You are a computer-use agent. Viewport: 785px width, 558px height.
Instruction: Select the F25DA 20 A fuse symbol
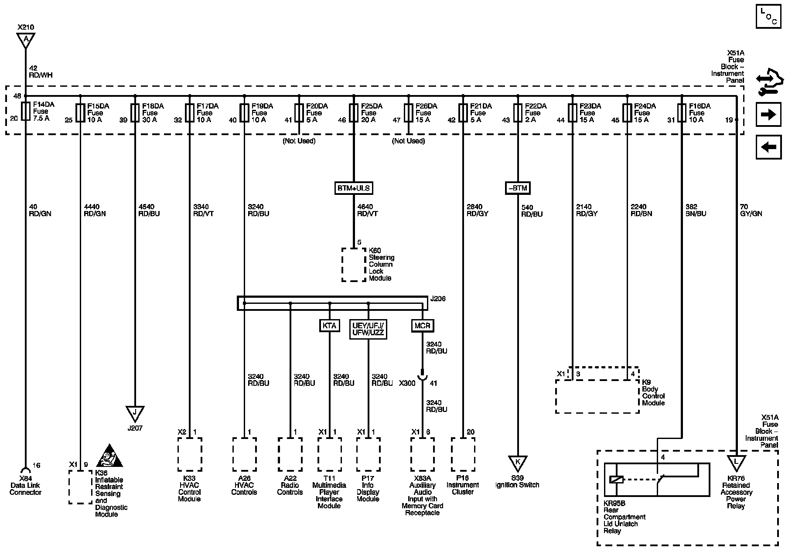click(353, 112)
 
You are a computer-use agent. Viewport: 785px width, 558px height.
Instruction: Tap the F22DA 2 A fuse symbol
click(518, 112)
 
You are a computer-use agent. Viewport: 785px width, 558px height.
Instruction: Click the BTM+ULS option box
click(353, 188)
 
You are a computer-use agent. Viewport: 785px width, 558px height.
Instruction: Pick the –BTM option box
click(518, 188)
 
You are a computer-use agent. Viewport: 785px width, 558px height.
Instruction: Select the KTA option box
click(329, 326)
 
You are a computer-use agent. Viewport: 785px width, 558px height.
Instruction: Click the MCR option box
click(422, 326)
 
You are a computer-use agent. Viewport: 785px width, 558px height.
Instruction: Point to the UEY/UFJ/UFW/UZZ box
click(368, 329)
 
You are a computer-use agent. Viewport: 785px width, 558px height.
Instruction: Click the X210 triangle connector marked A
click(26, 40)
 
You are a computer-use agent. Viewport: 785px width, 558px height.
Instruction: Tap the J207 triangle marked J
click(135, 412)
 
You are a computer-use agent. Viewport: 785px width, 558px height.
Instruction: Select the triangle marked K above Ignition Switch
click(518, 463)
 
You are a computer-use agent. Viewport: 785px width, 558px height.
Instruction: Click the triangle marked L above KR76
click(736, 462)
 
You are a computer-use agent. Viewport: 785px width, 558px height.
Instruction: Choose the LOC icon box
click(768, 17)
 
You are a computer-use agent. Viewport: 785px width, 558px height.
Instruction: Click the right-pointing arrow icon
click(768, 115)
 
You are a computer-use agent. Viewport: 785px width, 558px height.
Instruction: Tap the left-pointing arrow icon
click(768, 147)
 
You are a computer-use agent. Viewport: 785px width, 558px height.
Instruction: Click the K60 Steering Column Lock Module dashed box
click(354, 265)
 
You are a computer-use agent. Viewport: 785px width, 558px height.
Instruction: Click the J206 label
click(438, 299)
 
